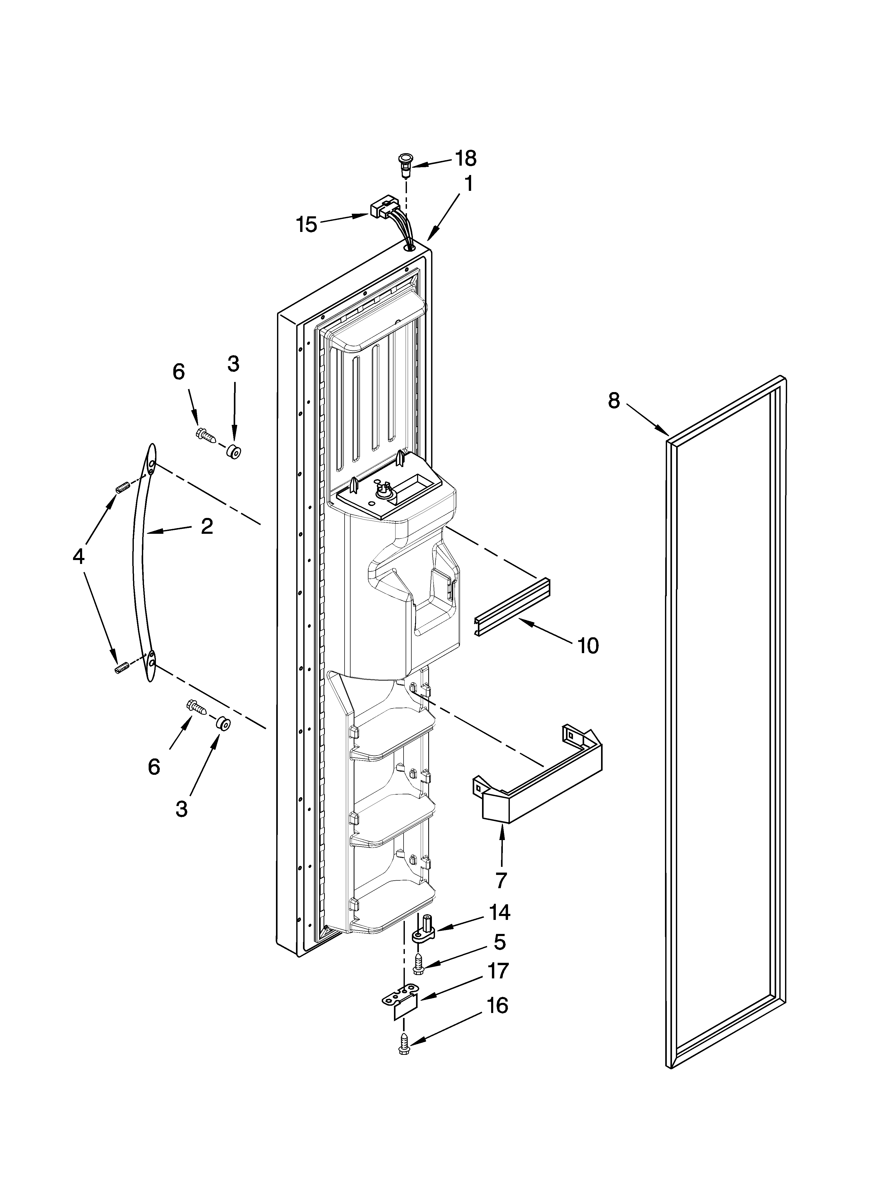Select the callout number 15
(306, 225)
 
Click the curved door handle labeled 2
(139, 562)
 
